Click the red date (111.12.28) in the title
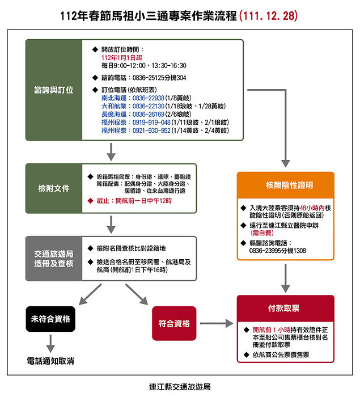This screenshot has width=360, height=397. point(268,16)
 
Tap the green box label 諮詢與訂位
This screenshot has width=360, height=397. point(54,90)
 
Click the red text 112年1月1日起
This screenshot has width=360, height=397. point(122,57)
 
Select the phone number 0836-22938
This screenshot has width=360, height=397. point(149,98)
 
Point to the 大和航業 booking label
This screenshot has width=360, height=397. point(114,106)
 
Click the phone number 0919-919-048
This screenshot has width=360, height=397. point(151,123)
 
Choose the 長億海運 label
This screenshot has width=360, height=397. point(114,114)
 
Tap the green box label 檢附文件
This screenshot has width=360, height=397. point(54,188)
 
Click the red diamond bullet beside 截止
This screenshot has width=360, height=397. point(90,201)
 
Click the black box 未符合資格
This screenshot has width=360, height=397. point(50,319)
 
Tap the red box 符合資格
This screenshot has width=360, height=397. point(174,323)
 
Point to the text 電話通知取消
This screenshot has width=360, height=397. point(50,361)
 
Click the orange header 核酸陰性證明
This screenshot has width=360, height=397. point(286,185)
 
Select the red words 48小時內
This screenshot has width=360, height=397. point(312,208)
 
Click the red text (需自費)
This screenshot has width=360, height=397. point(262,233)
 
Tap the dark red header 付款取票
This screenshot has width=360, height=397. point(286,308)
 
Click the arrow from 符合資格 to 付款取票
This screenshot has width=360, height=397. point(217,323)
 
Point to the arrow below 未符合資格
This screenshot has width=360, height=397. point(50,344)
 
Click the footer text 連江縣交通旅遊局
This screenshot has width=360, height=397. point(180,387)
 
